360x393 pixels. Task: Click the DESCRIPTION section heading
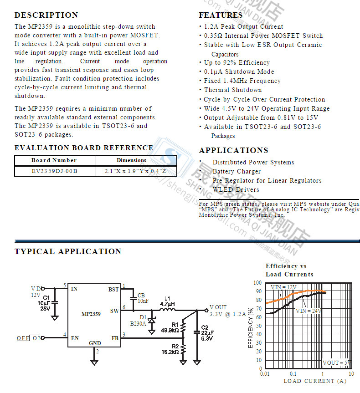[x=46, y=15]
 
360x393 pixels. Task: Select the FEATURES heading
[x=221, y=15]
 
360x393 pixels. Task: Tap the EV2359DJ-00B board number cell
[x=55, y=171]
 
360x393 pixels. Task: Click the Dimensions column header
[x=131, y=160]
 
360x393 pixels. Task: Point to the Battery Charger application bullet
[x=237, y=172]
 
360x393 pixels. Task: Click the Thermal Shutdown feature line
[x=232, y=90]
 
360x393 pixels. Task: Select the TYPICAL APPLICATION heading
[x=68, y=251]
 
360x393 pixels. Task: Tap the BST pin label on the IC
[x=113, y=289]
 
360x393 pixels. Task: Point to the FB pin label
[x=115, y=338]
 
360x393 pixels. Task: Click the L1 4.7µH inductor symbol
[x=167, y=311]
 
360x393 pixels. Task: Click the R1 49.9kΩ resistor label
[x=169, y=327]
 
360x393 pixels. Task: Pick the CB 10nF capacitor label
[x=143, y=298]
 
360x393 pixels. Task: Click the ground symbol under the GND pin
[x=94, y=362]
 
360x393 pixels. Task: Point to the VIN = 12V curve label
[x=283, y=287]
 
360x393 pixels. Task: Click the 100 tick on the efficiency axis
[x=257, y=283]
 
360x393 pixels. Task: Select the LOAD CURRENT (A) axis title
[x=315, y=381]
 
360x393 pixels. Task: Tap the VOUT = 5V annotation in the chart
[x=337, y=363]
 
